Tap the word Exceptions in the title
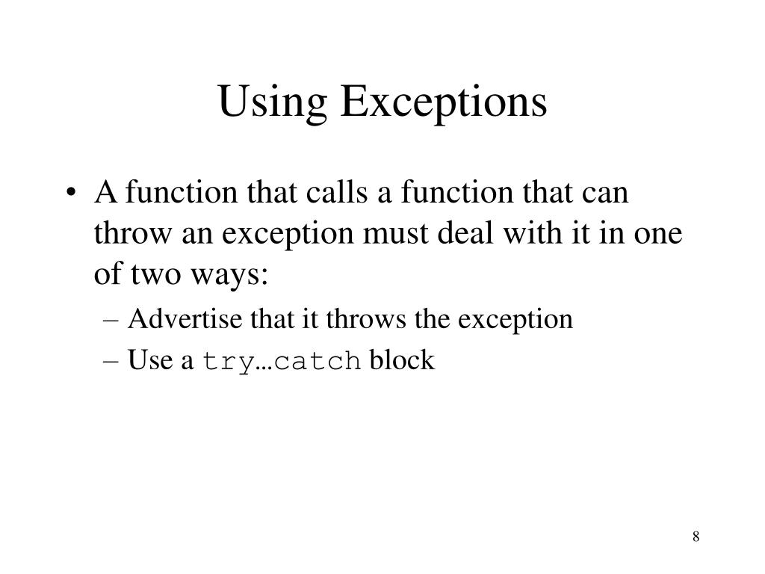pos(444,103)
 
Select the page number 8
pos(696,537)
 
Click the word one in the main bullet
pos(660,234)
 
